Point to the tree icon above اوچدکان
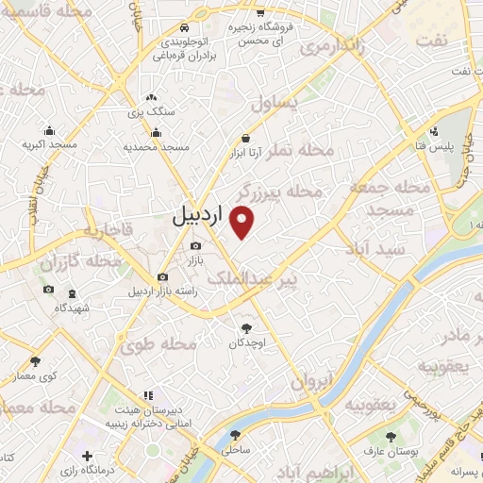(247, 328)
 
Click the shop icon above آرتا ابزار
(245, 137)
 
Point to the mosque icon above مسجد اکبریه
(49, 131)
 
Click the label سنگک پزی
(150, 110)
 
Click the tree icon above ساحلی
(236, 437)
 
